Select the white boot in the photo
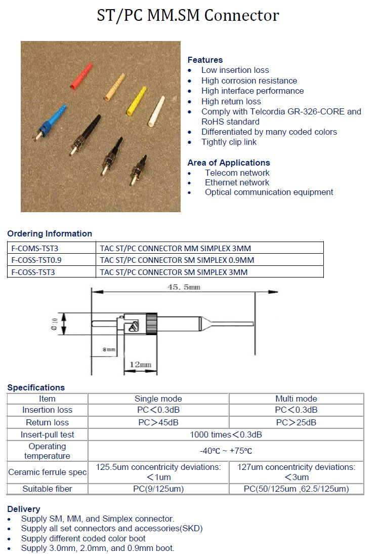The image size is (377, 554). coord(156,111)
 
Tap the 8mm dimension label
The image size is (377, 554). coord(108,349)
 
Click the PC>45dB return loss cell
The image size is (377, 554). coord(158,422)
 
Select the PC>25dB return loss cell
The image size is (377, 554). coord(296,422)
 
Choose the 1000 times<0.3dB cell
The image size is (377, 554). coord(226,434)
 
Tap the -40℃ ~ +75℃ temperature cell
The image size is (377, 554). coord(226,451)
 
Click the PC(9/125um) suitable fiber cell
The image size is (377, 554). coord(158,489)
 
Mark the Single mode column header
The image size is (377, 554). coord(158,399)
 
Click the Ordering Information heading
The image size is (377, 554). coord(50,233)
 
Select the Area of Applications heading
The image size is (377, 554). coord(228,163)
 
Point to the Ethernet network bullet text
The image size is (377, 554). coord(237,182)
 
